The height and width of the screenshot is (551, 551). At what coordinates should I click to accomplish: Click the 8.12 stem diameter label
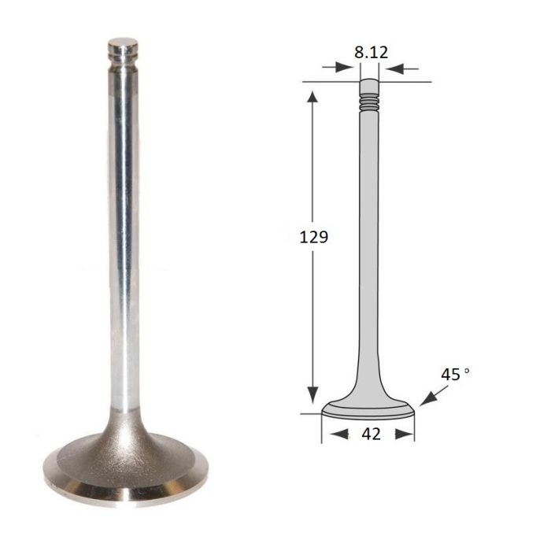point(371,53)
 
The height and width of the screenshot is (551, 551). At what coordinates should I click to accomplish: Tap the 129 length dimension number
point(313,237)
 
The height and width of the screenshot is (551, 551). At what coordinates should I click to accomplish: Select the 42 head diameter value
point(371,435)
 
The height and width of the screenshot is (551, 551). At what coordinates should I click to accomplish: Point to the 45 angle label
point(450,375)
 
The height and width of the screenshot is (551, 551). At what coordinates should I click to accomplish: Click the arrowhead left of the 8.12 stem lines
point(345,67)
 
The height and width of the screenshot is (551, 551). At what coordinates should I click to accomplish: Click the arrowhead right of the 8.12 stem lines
point(394,69)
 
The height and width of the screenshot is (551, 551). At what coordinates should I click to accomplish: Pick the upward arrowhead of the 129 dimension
point(312,96)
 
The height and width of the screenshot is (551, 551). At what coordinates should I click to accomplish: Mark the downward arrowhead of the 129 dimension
point(312,396)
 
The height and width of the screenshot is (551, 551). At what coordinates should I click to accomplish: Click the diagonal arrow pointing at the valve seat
point(434,396)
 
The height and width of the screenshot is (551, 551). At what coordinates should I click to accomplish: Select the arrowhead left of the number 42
point(339,435)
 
